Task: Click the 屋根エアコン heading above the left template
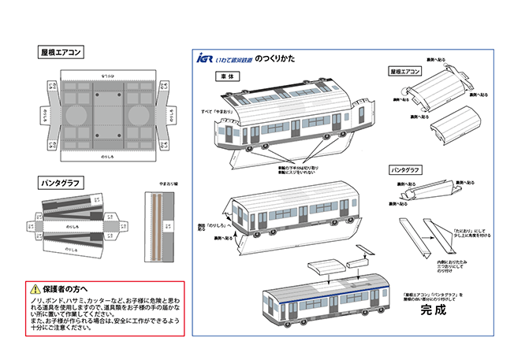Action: tap(61, 54)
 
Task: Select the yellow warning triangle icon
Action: tap(35, 289)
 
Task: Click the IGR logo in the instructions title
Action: tap(205, 58)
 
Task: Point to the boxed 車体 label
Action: tap(228, 76)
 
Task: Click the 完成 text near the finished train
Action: tap(433, 310)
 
